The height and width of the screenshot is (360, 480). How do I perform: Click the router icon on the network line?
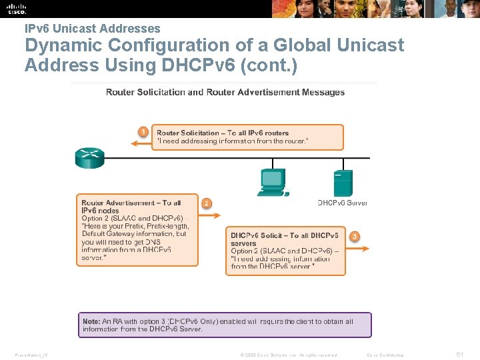[89, 157]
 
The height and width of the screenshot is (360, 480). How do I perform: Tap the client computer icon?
[273, 181]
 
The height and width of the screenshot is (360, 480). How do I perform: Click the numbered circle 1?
[143, 131]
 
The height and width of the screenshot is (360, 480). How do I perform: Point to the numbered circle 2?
[207, 203]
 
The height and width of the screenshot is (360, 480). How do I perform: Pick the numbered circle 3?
[355, 236]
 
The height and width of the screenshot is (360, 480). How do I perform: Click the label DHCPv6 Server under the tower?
[342, 203]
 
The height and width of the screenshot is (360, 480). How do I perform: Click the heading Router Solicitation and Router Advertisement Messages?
[225, 92]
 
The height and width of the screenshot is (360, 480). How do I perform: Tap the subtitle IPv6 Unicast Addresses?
[93, 29]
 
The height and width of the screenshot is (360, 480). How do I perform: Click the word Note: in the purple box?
[91, 321]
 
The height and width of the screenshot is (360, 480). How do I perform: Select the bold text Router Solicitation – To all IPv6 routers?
[223, 133]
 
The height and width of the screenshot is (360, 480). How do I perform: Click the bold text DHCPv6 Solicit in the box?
[257, 235]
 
